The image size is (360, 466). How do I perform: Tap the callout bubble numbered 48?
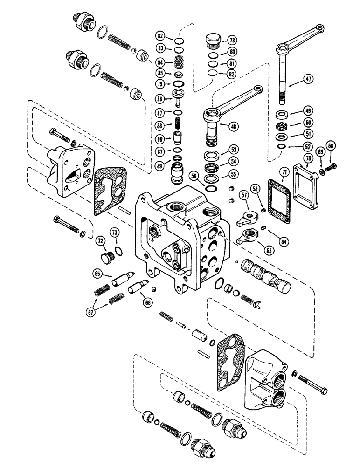[232, 125]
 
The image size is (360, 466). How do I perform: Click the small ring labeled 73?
[118, 252]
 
